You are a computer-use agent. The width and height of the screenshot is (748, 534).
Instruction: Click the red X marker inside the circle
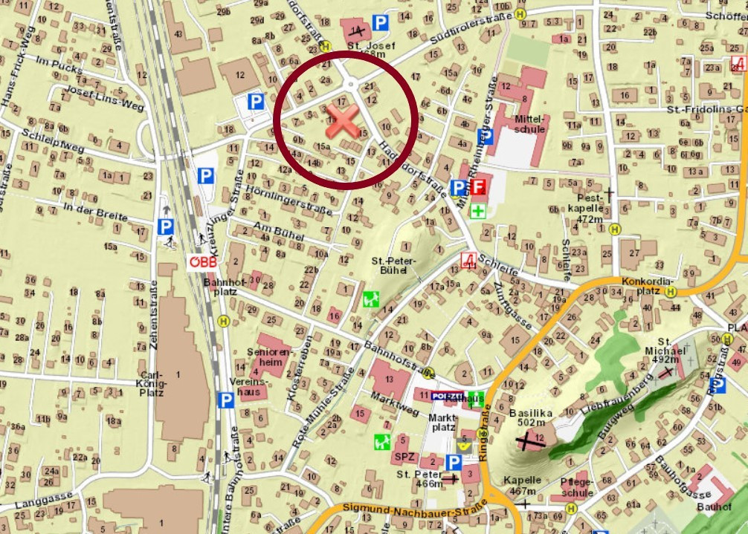342,121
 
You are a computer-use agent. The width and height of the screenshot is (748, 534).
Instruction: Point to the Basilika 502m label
532,417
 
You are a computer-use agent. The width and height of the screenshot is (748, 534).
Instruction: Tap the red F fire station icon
477,187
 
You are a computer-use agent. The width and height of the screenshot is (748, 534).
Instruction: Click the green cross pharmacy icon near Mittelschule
477,212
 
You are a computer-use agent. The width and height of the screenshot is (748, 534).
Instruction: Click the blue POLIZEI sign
446,396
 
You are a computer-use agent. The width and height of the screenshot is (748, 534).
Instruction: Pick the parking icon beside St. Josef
380,24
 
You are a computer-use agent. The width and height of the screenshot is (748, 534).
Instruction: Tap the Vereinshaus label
250,386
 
